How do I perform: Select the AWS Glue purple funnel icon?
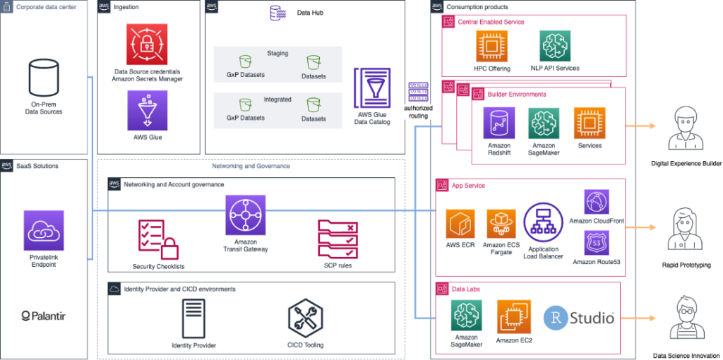(148, 110)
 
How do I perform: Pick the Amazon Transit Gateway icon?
(245, 215)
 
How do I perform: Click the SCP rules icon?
(338, 239)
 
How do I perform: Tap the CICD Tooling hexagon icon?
(306, 317)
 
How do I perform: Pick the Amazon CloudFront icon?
(597, 203)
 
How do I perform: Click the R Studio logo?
(578, 318)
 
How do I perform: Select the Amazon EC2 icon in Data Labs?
(513, 316)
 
